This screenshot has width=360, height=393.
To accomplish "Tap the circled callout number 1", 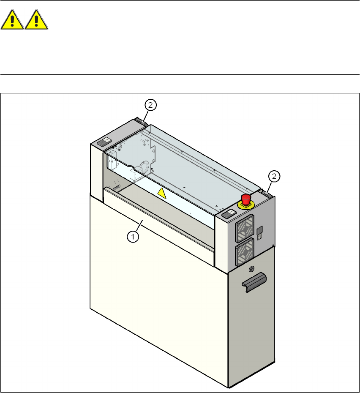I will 133,237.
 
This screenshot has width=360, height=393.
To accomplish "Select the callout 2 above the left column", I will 150,104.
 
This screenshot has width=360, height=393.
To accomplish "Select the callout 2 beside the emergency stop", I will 274,175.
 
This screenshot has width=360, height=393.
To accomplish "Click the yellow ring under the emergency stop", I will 245,205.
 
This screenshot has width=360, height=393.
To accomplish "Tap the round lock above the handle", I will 252,268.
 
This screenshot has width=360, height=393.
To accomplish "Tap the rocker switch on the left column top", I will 104,142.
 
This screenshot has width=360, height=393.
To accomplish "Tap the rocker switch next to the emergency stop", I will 228,213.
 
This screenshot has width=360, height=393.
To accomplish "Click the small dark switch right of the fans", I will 261,231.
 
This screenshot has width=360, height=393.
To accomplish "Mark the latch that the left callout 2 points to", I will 141,122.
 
